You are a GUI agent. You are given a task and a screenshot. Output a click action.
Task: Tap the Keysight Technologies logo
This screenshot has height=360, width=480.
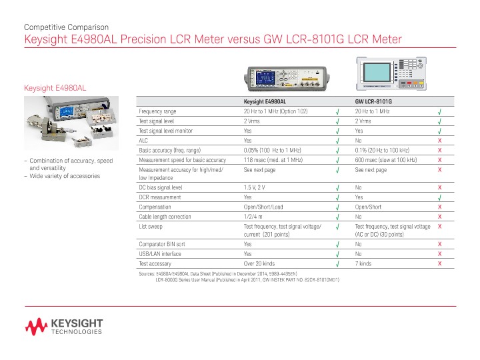(x=64, y=327)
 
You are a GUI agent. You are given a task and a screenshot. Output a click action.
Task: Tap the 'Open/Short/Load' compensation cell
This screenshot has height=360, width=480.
(x=263, y=207)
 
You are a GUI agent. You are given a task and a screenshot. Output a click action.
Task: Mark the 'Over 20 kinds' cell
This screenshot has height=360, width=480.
(x=259, y=263)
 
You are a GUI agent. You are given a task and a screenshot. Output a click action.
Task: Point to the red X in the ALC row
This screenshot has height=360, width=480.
(x=440, y=141)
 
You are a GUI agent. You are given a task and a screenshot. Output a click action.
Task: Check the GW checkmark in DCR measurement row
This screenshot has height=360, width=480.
(x=440, y=198)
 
